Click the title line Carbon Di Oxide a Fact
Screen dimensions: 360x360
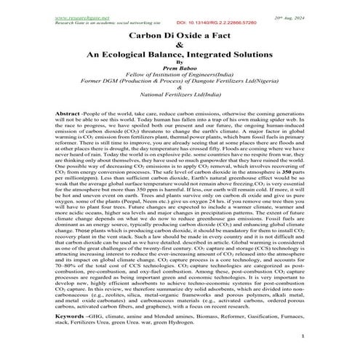[180, 34]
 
